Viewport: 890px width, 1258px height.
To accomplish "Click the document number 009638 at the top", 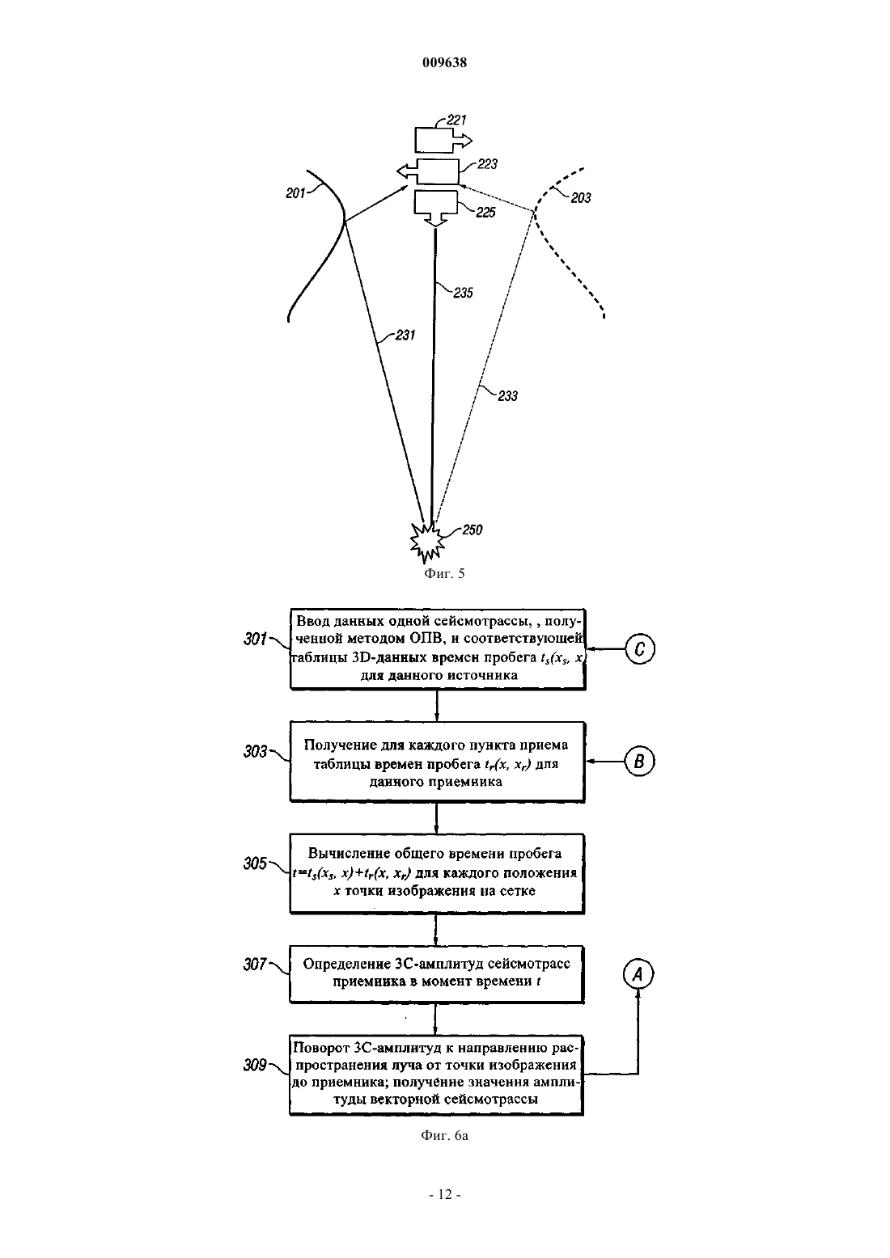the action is click(444, 62).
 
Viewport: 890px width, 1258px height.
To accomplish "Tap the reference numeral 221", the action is click(456, 120).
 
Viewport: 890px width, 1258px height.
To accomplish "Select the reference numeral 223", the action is click(487, 164).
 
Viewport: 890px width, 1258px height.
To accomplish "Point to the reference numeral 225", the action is click(485, 213).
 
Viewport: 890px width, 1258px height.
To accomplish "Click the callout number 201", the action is click(295, 193).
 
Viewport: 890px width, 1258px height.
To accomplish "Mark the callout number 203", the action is click(581, 198).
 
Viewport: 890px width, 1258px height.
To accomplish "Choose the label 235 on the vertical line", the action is click(463, 293).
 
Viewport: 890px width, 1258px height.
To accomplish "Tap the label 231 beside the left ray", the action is click(405, 336).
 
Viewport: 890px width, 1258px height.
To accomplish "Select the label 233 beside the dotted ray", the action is click(507, 396).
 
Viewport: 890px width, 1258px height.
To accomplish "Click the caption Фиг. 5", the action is click(444, 573).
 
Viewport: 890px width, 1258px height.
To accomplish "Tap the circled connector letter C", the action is click(639, 648).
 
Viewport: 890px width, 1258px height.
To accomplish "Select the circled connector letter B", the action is click(639, 761).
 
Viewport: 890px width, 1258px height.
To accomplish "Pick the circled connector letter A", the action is click(638, 974).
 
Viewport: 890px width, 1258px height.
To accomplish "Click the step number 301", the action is click(255, 639).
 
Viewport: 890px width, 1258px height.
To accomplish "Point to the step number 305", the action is click(255, 863).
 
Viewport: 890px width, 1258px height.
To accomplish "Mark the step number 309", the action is click(255, 1064).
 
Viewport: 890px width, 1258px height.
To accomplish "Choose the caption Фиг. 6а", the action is click(444, 1136).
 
